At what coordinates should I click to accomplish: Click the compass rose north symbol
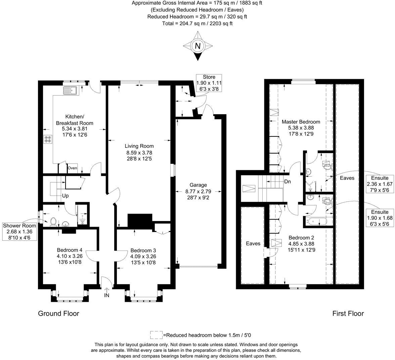198,46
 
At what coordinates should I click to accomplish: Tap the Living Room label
139,146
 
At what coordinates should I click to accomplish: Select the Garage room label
198,185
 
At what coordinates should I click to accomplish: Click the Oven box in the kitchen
72,168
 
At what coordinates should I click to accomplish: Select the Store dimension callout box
209,83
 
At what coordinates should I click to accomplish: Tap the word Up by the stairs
65,196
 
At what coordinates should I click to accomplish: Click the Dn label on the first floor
288,182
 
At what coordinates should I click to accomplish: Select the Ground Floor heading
58,313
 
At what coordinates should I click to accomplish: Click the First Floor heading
348,313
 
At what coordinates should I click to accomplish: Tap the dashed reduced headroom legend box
156,335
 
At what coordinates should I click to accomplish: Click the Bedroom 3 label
143,251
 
